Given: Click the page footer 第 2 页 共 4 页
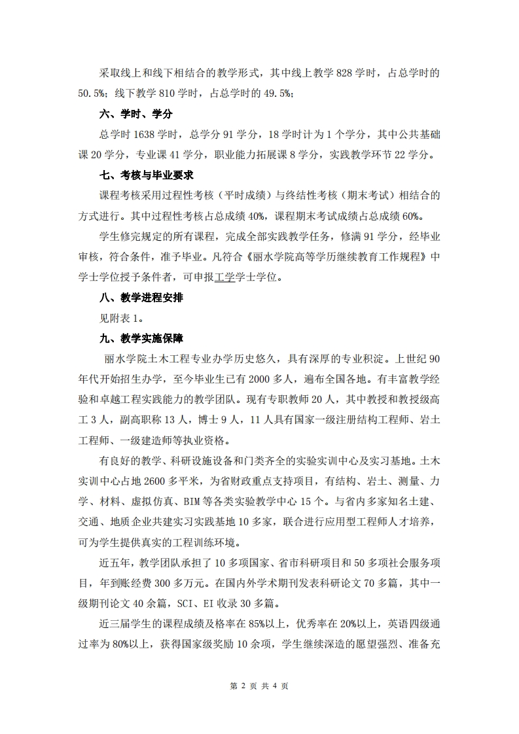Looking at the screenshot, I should click(260, 686).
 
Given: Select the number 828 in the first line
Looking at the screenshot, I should click(345, 73).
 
